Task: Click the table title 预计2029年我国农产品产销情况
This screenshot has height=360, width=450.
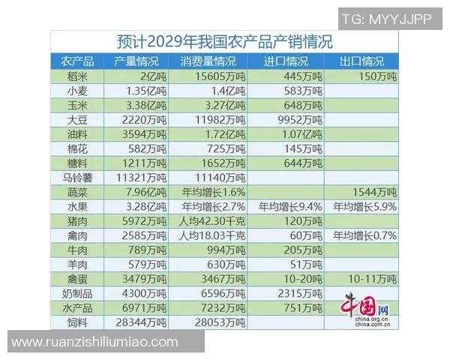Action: (x=225, y=41)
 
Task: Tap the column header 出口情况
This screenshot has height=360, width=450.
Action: (x=361, y=61)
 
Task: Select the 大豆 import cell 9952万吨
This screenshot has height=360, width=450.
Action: (x=291, y=119)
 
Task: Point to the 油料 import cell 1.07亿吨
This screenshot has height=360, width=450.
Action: (x=291, y=134)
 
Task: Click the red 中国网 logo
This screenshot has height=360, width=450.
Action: (x=368, y=307)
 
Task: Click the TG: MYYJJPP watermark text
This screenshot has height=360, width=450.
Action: (x=386, y=19)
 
